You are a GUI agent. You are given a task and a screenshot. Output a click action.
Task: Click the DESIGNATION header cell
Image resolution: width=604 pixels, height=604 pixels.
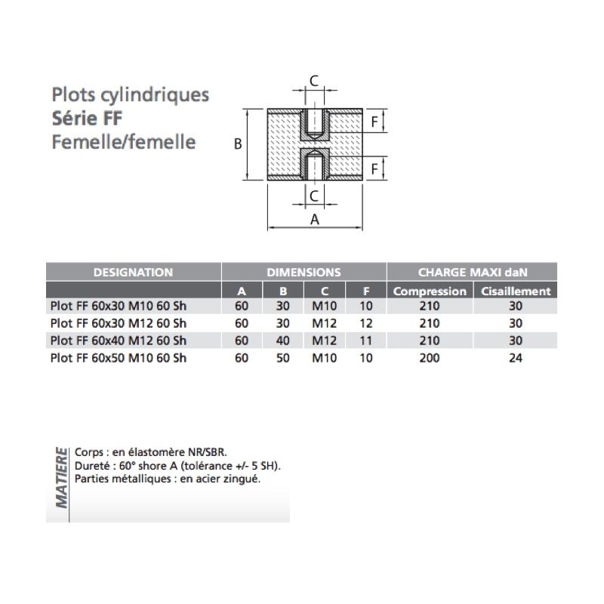tap(134, 273)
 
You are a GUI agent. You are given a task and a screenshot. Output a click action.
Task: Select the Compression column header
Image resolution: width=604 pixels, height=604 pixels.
tap(430, 291)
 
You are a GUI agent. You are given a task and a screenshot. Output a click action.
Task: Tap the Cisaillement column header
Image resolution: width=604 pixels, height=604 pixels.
tap(516, 291)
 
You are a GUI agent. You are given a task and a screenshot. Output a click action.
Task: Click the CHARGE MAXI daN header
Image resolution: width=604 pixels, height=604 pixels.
tap(473, 273)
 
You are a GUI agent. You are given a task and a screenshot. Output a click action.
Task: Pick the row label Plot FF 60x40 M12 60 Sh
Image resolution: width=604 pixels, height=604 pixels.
tap(119, 341)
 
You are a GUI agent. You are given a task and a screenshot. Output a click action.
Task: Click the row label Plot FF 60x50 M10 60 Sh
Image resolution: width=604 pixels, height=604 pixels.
tap(119, 358)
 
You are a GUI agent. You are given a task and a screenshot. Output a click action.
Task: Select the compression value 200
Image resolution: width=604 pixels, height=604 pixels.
tap(430, 358)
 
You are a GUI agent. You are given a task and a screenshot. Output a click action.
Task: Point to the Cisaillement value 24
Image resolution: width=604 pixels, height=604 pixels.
tap(516, 358)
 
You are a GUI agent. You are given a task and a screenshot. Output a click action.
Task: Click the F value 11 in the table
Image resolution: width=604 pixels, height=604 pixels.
tap(366, 341)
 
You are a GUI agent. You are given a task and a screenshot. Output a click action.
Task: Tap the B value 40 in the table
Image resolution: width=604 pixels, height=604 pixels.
tap(282, 341)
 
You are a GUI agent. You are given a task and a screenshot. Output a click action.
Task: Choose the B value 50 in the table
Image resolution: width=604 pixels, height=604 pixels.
tap(282, 358)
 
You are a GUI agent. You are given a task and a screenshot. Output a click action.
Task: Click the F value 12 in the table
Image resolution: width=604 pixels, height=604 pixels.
tap(366, 323)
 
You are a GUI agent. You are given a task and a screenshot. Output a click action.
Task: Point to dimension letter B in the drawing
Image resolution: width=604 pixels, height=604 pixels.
tap(238, 144)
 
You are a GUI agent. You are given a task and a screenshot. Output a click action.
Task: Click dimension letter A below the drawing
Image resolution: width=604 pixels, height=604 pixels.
tap(315, 220)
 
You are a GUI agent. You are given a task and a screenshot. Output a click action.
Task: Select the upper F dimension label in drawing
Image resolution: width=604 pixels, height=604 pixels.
tap(374, 122)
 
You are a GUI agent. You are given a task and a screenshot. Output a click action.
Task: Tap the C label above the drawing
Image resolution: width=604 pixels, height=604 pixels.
tap(314, 81)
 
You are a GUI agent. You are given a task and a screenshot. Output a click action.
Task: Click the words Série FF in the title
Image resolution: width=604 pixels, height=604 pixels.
tap(87, 119)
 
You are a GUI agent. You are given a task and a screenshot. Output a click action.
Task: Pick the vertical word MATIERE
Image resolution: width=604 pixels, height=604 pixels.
tap(62, 478)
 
